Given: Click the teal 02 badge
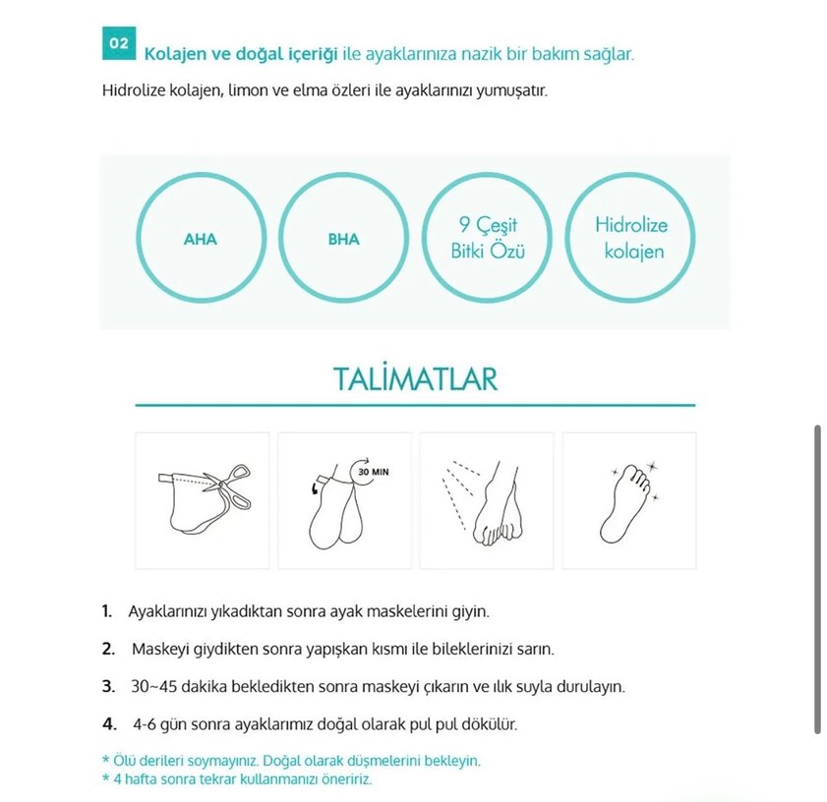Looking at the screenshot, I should [x=118, y=44].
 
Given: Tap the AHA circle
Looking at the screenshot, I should [x=201, y=239].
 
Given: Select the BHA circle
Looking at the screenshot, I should [x=344, y=239].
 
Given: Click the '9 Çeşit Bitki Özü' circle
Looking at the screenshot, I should [x=487, y=239].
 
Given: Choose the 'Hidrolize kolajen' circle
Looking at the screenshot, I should [x=630, y=239].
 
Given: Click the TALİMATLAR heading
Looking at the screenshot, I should [x=415, y=379].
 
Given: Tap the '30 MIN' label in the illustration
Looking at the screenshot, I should [x=373, y=472].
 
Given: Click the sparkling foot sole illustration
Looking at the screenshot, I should [x=628, y=501].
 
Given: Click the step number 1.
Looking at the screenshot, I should [x=107, y=611].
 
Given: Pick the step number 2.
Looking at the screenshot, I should [x=108, y=650].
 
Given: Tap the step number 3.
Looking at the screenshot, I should [x=108, y=686].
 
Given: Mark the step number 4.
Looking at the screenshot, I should [x=108, y=724].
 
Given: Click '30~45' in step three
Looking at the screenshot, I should [x=150, y=686].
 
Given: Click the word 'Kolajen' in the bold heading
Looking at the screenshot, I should [x=173, y=53].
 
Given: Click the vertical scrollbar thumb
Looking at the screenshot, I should [x=817, y=580].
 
